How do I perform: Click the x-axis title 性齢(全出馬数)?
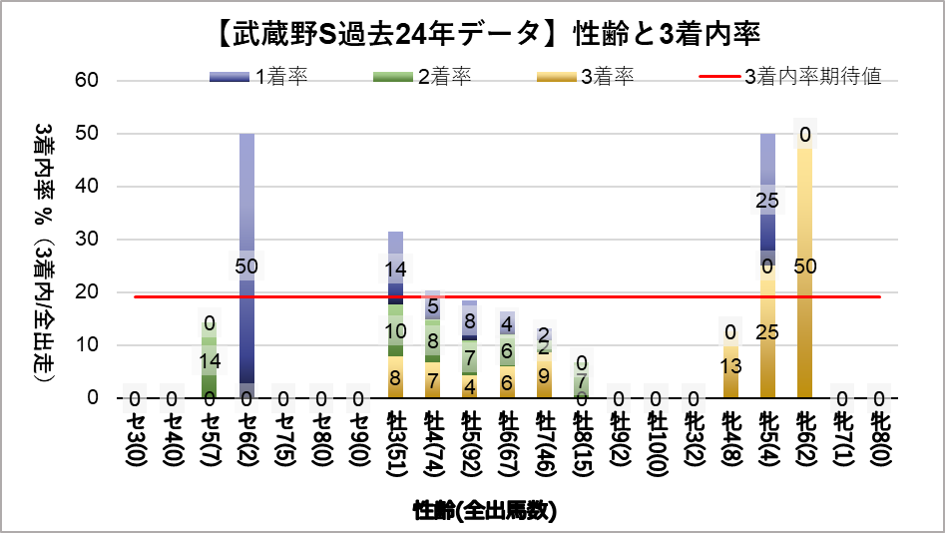pyautogui.click(x=485, y=511)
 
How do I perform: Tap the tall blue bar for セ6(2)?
pyautogui.click(x=246, y=200)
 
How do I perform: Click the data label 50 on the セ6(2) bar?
pyautogui.click(x=246, y=266)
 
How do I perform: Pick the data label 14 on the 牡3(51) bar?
pyautogui.click(x=395, y=268)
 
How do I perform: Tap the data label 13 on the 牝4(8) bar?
pyautogui.click(x=730, y=365)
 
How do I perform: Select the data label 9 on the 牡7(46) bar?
pyautogui.click(x=544, y=376)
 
